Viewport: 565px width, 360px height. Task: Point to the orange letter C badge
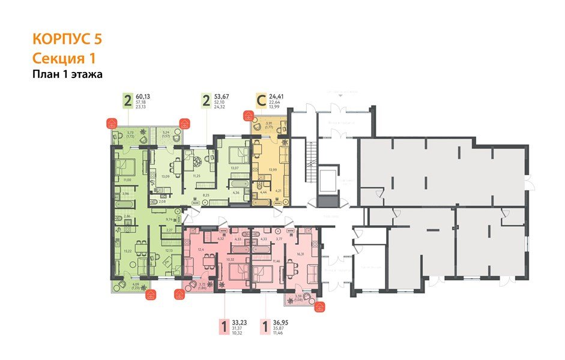tap(261, 100)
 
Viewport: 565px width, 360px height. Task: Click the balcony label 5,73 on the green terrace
tap(130, 133)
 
